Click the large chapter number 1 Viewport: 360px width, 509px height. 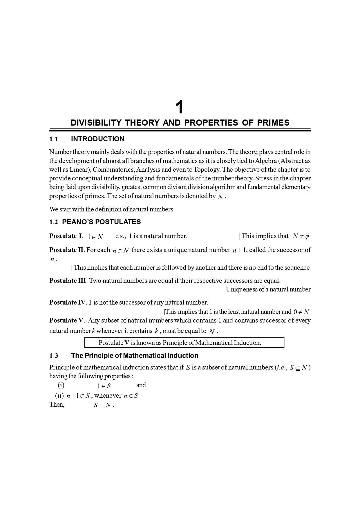180,108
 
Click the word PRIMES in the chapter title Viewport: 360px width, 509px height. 273,123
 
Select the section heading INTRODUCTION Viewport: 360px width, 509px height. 97,139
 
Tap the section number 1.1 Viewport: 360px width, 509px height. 54,139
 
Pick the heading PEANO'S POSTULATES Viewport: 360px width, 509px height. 101,222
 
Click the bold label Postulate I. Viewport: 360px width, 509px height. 66,236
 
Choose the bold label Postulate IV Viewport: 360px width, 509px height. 67,302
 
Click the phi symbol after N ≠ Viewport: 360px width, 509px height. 307,236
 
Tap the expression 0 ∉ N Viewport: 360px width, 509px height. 301,312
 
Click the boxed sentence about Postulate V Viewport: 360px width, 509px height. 184,343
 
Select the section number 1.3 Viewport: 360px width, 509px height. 54,356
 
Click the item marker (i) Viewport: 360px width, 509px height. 61,385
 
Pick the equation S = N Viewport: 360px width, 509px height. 102,405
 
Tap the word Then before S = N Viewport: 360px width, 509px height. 57,405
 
